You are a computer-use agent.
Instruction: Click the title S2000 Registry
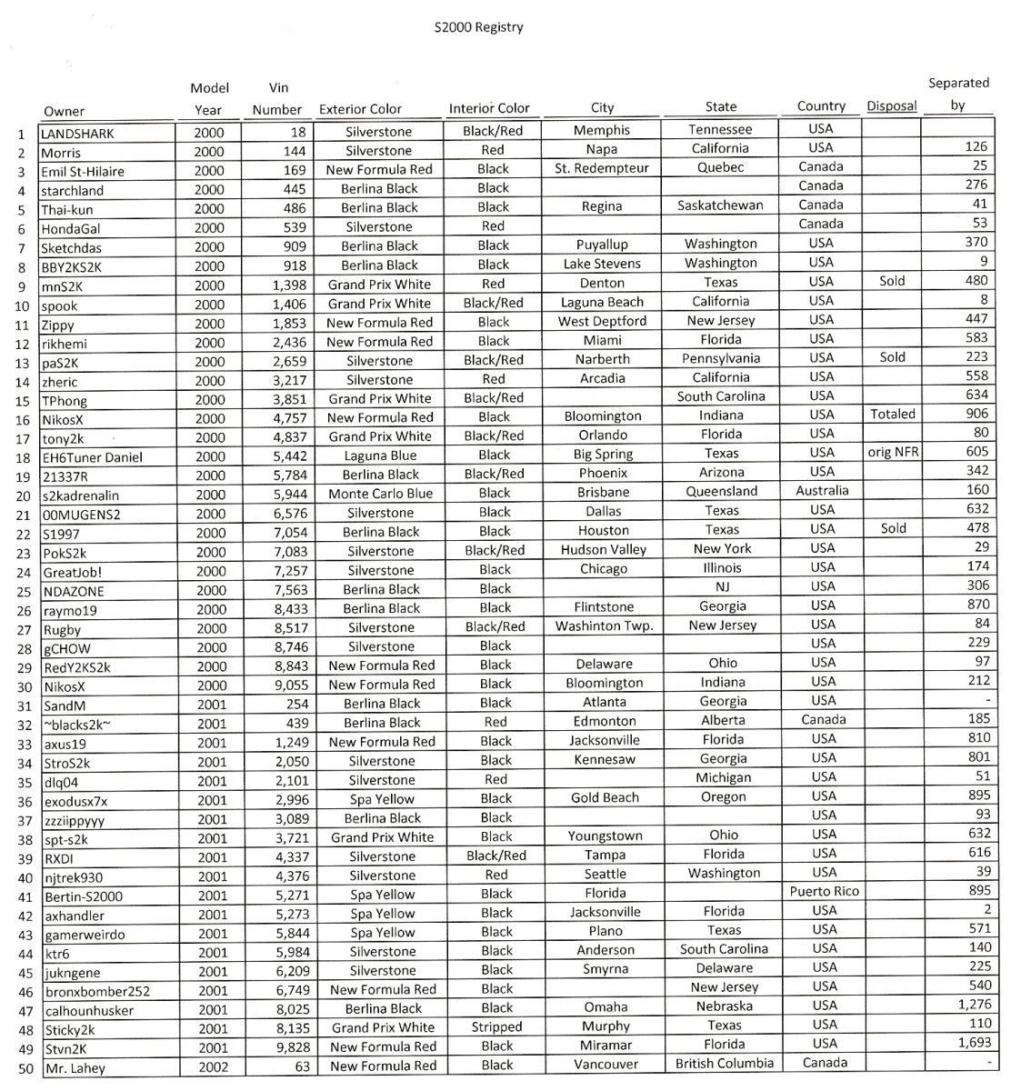point(478,26)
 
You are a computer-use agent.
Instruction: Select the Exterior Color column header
point(360,109)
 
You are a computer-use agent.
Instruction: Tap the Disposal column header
point(891,106)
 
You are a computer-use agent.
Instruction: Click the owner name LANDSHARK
point(77,134)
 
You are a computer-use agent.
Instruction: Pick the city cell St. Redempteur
point(602,168)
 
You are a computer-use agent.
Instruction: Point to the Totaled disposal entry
point(892,414)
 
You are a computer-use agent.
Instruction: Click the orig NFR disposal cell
point(892,452)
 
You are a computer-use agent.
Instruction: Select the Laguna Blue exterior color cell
point(380,455)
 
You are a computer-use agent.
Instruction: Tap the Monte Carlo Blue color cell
point(380,494)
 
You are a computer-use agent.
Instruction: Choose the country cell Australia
point(821,490)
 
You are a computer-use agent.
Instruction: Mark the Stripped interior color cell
point(496,1026)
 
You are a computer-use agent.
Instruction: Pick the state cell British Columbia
point(725,1063)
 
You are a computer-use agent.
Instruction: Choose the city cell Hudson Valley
point(604,549)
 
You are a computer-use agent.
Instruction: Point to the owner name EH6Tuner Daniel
point(92,457)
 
